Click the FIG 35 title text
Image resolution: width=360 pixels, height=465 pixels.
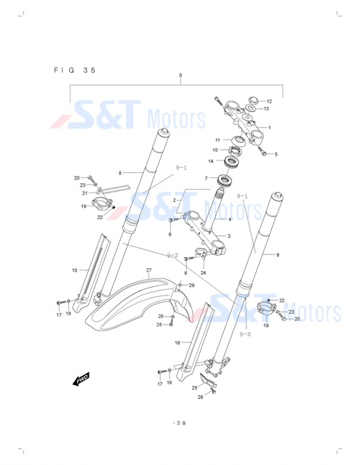[x=75, y=70]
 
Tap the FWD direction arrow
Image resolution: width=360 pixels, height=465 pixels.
[x=81, y=379]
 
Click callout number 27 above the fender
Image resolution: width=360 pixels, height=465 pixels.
[x=148, y=270]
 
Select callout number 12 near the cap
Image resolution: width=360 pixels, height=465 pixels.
[x=269, y=102]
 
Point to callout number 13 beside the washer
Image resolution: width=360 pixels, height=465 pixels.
[x=266, y=109]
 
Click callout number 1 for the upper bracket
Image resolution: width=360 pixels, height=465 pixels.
[x=270, y=128]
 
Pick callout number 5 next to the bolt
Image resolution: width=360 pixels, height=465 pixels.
[x=276, y=154]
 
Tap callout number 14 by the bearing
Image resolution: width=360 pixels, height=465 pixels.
[x=211, y=161]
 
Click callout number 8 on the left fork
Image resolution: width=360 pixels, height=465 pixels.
[x=120, y=173]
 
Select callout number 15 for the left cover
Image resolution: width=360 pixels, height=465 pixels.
[x=74, y=270]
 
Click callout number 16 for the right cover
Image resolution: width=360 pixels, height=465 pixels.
[x=177, y=343]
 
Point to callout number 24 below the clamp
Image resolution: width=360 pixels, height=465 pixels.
[x=203, y=273]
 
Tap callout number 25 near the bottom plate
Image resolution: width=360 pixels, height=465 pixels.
[x=194, y=388]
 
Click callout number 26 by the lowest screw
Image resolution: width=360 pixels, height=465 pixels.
[x=200, y=397]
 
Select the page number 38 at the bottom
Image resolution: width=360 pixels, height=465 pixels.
[x=179, y=423]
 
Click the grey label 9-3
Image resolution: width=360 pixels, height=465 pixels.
[x=245, y=334]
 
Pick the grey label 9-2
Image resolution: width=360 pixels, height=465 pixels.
[x=172, y=255]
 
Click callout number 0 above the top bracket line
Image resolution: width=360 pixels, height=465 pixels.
[x=180, y=76]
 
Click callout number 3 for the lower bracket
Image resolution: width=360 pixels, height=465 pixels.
[x=229, y=236]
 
